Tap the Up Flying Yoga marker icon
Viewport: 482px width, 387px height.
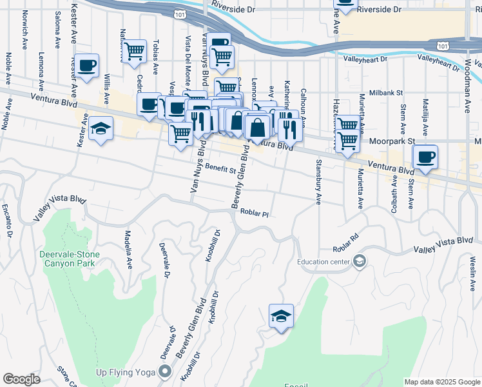coord(166,370)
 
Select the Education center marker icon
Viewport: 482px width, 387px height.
coord(359,261)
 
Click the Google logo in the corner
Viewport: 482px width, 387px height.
coord(21,379)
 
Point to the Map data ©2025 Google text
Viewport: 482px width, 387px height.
coord(442,382)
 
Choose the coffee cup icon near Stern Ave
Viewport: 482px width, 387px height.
coord(425,157)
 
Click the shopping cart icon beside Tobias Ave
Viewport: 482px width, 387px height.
coord(134,51)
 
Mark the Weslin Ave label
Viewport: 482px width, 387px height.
coord(472,268)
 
